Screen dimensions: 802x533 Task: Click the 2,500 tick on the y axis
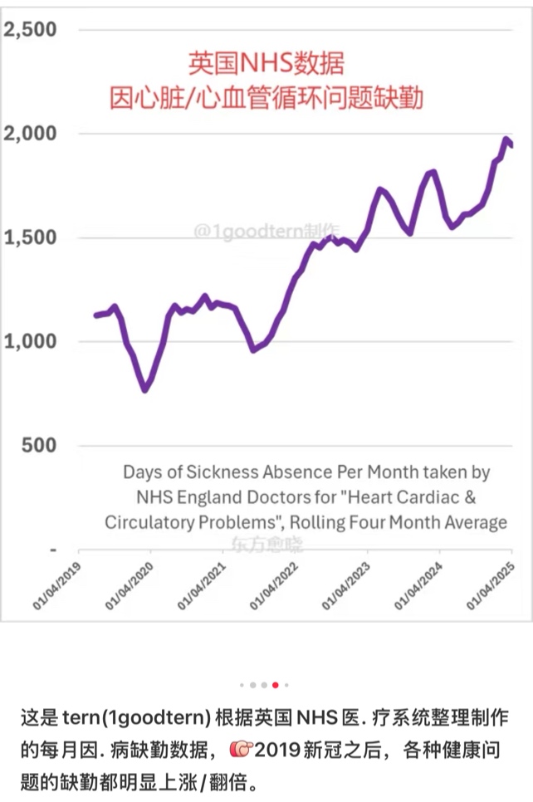pos(31,30)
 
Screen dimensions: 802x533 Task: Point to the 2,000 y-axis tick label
pos(31,134)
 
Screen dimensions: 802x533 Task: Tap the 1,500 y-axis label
pos(31,237)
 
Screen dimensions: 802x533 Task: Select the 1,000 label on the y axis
pos(31,341)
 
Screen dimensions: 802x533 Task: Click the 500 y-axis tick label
pos(38,445)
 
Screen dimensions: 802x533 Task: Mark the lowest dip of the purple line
pos(145,389)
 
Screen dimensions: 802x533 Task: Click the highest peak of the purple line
pos(506,139)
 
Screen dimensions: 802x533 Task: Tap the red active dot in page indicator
pos(275,686)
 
